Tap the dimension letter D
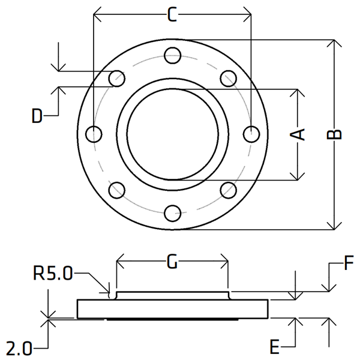coord(38,116)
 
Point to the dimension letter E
coord(274,347)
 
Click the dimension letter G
coord(172,262)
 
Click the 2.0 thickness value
coord(20,347)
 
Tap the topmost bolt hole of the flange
coord(172,55)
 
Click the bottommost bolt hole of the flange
coord(172,212)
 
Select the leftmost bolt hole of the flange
coord(94,134)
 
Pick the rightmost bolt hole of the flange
coord(251,134)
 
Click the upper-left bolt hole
coord(117,78)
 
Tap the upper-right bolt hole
coord(228,78)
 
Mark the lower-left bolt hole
coord(117,190)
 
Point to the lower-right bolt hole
coord(228,190)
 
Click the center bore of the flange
coord(172,134)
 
